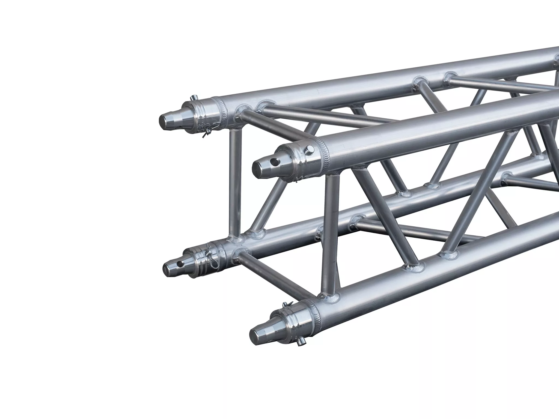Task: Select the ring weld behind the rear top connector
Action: coord(223,107)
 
